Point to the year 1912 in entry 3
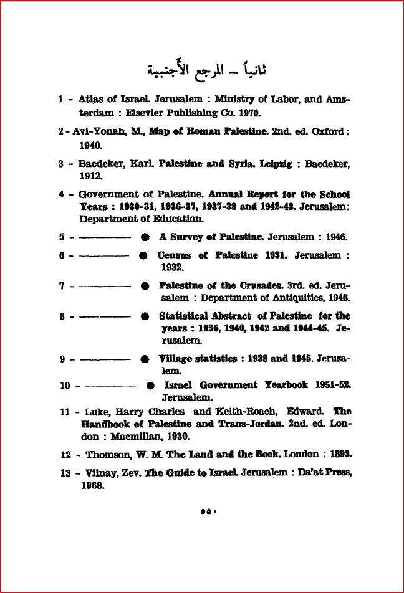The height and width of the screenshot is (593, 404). pyautogui.click(x=91, y=176)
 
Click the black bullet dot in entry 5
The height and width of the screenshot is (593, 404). pyautogui.click(x=145, y=237)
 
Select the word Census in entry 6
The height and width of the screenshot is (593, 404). pyautogui.click(x=174, y=255)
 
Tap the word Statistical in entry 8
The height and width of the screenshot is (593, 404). pyautogui.click(x=188, y=316)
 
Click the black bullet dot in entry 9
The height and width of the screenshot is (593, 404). pyautogui.click(x=145, y=359)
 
